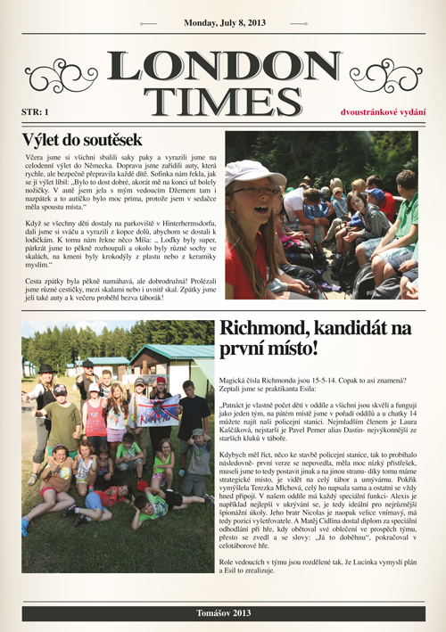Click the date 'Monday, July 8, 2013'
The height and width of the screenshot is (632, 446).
pyautogui.click(x=223, y=25)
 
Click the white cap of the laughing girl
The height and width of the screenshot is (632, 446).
pyautogui.click(x=250, y=170)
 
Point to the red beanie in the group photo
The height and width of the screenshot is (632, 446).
pyautogui.click(x=161, y=381)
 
